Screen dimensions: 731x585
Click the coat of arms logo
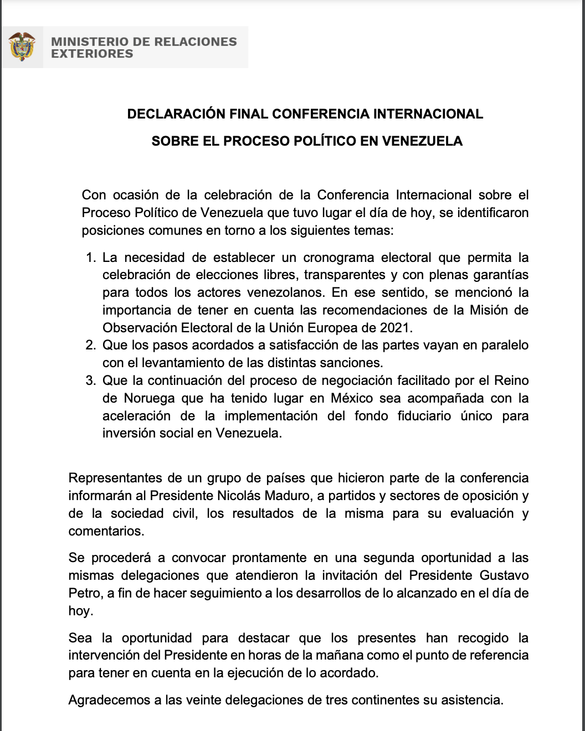(x=22, y=47)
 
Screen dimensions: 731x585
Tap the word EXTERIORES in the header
(x=92, y=54)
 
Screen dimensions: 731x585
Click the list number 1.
(x=91, y=258)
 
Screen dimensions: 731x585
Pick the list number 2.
(x=91, y=345)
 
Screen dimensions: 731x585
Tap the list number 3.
(x=91, y=380)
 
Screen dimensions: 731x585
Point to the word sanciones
(x=354, y=363)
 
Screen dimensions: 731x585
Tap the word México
(x=352, y=398)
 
